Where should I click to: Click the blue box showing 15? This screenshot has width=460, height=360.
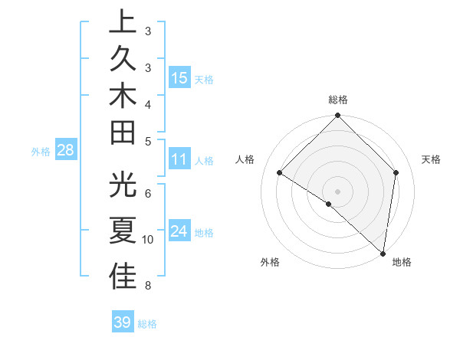click(x=179, y=77)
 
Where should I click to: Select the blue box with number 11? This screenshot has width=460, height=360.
click(x=179, y=160)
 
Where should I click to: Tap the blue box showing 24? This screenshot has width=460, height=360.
click(x=179, y=231)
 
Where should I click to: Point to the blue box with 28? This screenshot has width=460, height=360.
click(x=65, y=150)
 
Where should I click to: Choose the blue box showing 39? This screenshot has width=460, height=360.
click(x=123, y=322)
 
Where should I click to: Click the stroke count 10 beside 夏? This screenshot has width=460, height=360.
click(x=148, y=240)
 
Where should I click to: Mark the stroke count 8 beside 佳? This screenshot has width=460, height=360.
click(x=147, y=286)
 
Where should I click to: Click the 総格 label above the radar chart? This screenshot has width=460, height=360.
click(x=338, y=100)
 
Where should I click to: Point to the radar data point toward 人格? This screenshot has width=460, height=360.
click(x=280, y=173)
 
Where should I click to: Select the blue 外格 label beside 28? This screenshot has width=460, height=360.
click(x=41, y=152)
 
